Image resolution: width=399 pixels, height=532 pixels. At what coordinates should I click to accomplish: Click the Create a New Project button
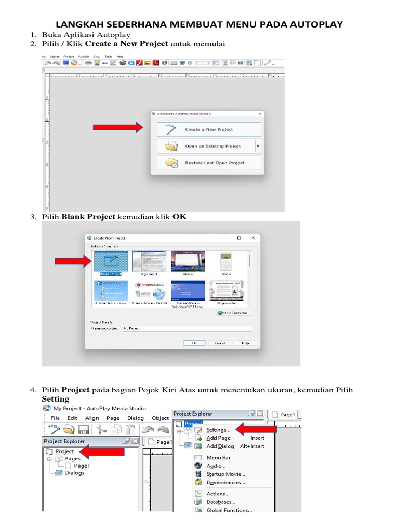(x=209, y=129)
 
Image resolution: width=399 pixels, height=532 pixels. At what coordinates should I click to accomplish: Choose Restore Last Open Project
(x=209, y=163)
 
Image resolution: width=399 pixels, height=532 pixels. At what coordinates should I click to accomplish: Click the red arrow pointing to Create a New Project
(x=117, y=127)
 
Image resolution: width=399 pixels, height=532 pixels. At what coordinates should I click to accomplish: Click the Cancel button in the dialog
(x=220, y=343)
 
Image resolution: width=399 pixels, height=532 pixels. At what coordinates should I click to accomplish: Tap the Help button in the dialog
(x=245, y=343)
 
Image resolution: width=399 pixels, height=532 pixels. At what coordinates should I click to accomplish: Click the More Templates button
(x=234, y=313)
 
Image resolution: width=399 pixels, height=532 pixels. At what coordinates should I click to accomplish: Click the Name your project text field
(x=187, y=329)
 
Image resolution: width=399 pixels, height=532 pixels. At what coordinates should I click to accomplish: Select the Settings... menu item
(x=218, y=430)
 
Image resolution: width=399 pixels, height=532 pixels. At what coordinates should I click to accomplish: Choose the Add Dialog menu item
(x=220, y=446)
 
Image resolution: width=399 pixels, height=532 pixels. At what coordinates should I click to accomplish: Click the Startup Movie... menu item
(x=225, y=474)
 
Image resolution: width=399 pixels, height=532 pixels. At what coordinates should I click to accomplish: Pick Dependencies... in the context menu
(x=225, y=482)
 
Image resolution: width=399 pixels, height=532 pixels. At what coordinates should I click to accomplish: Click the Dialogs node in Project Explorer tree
(x=74, y=473)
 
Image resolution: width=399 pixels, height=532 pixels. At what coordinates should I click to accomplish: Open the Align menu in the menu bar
(x=92, y=418)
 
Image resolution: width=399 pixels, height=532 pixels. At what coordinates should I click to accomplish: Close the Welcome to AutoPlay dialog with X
(x=259, y=113)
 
